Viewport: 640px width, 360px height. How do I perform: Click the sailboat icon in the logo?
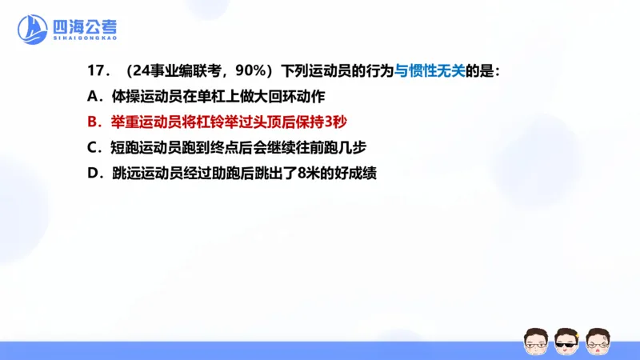click(33, 30)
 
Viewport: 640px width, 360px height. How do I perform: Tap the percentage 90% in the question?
click(241, 70)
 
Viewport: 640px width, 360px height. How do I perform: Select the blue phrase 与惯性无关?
click(430, 70)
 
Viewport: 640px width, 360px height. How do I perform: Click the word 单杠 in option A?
click(220, 96)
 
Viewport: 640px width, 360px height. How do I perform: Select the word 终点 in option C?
click(245, 147)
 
